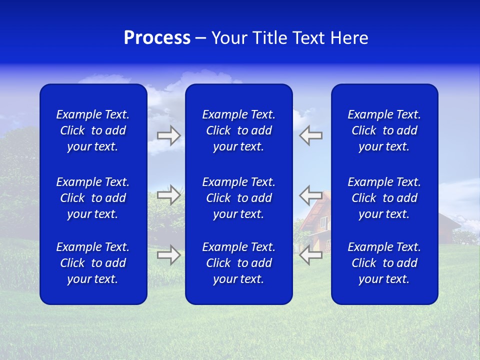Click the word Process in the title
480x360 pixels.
(x=157, y=38)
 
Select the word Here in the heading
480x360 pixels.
(x=349, y=38)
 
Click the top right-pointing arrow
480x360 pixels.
(x=168, y=135)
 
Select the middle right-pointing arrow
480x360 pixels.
(x=168, y=194)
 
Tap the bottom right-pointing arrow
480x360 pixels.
(x=168, y=255)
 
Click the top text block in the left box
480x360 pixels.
(x=93, y=130)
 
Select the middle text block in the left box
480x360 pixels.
(x=93, y=198)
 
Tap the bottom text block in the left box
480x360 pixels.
(x=93, y=263)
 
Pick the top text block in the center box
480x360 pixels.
(x=238, y=130)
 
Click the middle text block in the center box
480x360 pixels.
(x=238, y=198)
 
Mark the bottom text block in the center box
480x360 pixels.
(x=238, y=263)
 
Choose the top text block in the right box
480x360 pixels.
(x=384, y=130)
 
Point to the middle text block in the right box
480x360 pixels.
(x=384, y=198)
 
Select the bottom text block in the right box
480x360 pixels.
(x=384, y=263)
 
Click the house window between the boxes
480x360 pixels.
(x=324, y=223)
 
